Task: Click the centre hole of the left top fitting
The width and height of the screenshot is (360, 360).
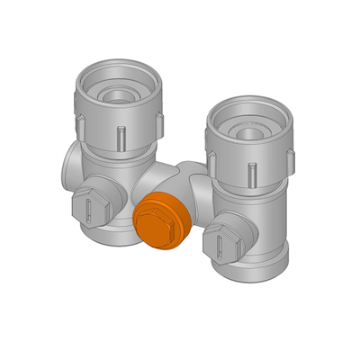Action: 118,92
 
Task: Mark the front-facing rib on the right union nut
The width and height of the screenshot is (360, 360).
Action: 253,171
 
